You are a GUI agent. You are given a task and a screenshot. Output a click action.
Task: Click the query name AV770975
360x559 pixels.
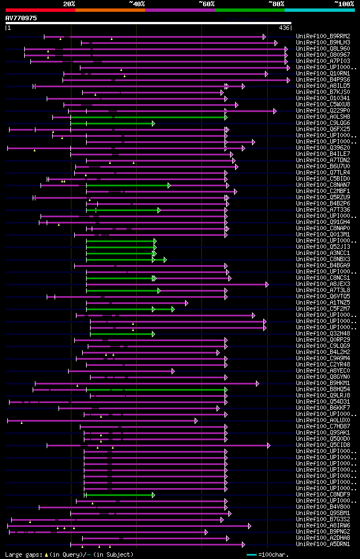point(21,18)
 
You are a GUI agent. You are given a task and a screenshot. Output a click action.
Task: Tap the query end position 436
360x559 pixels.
point(284,28)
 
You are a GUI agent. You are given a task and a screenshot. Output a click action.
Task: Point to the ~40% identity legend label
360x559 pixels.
point(137,4)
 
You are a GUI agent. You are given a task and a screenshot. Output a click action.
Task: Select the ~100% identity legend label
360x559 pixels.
point(344,4)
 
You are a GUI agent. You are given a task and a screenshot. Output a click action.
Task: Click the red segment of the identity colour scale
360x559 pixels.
point(40,10)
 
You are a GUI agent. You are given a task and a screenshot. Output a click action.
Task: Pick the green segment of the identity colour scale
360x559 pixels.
point(249,10)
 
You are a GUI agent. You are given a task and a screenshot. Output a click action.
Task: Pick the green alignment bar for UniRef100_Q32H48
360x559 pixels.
point(121,334)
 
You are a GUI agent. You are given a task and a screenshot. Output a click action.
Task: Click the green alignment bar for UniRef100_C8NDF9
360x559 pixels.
point(119,495)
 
